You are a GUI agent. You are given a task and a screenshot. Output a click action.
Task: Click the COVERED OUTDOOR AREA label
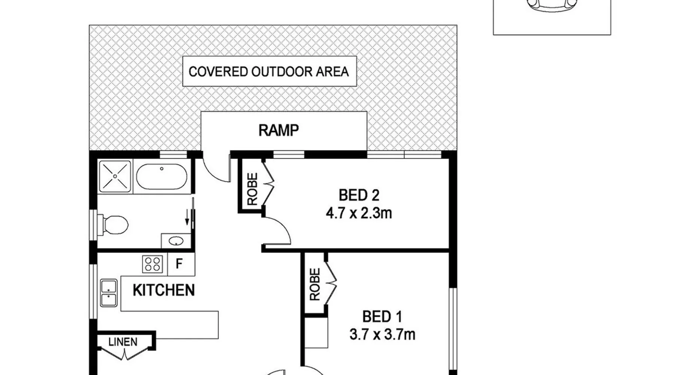(269, 71)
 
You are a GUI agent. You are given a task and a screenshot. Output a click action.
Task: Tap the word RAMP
(279, 130)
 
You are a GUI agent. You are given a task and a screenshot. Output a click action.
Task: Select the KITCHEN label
(164, 290)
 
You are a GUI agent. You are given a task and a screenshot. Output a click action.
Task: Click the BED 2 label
(359, 195)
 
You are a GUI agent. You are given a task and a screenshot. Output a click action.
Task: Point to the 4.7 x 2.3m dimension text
(359, 213)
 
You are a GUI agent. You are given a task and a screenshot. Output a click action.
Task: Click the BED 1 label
(382, 317)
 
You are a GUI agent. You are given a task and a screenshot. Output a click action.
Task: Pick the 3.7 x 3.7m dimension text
(382, 334)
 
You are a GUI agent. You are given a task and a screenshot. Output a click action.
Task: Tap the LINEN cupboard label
(123, 342)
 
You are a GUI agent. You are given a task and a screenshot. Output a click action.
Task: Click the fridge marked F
(179, 264)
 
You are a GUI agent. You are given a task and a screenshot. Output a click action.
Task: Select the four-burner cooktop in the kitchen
(153, 264)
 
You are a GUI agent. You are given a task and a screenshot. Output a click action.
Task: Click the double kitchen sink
(109, 293)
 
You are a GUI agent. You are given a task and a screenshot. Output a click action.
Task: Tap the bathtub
(161, 177)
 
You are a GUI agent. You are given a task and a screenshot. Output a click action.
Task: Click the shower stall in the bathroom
(115, 176)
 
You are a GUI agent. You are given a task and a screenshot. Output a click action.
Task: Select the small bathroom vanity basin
(175, 241)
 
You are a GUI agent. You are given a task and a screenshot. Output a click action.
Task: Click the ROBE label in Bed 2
(253, 189)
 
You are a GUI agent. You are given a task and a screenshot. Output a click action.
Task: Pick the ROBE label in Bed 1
(315, 284)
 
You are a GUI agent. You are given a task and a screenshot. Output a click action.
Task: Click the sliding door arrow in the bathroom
(187, 217)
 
